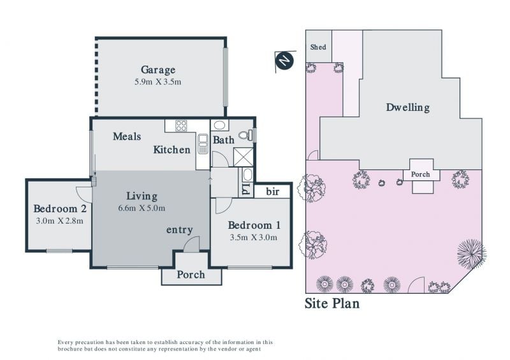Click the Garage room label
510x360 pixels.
coord(158,70)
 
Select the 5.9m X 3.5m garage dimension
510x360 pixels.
coord(157,82)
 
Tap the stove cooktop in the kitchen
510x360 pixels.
coord(181,126)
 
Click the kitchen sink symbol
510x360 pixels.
coord(203,143)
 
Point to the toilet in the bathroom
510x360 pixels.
coord(245,134)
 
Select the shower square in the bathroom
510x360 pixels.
coord(243,157)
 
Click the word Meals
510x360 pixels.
coord(127,136)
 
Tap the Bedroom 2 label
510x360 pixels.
coord(60,208)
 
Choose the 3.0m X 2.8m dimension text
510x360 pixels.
coord(59,221)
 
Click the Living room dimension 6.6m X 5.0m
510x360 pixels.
coord(142,208)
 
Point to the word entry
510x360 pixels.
coord(180,230)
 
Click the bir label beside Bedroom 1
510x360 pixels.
coord(273,192)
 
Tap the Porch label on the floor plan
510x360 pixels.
coord(191,275)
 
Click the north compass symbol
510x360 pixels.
coord(284,61)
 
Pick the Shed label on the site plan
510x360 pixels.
coord(318,47)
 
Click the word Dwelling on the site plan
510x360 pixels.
coord(408,107)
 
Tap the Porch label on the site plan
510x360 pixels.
coord(420,175)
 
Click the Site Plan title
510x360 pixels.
coord(332,303)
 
